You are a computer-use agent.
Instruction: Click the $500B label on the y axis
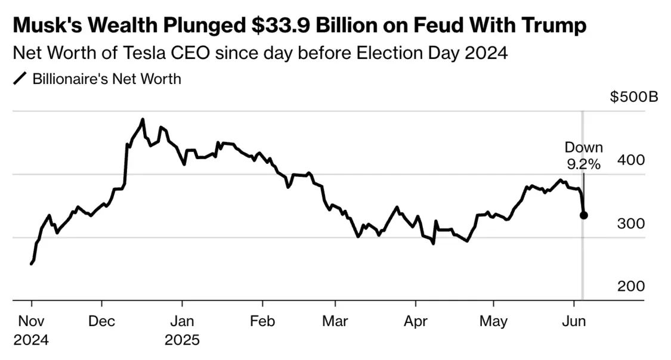pyautogui.click(x=633, y=97)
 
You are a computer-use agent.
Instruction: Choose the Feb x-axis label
pyautogui.click(x=262, y=321)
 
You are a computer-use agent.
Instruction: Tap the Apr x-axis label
pyautogui.click(x=416, y=321)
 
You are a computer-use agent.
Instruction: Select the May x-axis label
pyautogui.click(x=493, y=321)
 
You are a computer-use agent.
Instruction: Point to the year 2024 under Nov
pyautogui.click(x=31, y=340)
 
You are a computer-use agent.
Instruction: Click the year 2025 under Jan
pyautogui.click(x=182, y=340)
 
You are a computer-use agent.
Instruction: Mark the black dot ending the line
pyautogui.click(x=584, y=215)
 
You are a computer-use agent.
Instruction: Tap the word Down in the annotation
pyautogui.click(x=584, y=147)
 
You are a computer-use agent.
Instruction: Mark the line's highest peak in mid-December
pyautogui.click(x=143, y=119)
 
